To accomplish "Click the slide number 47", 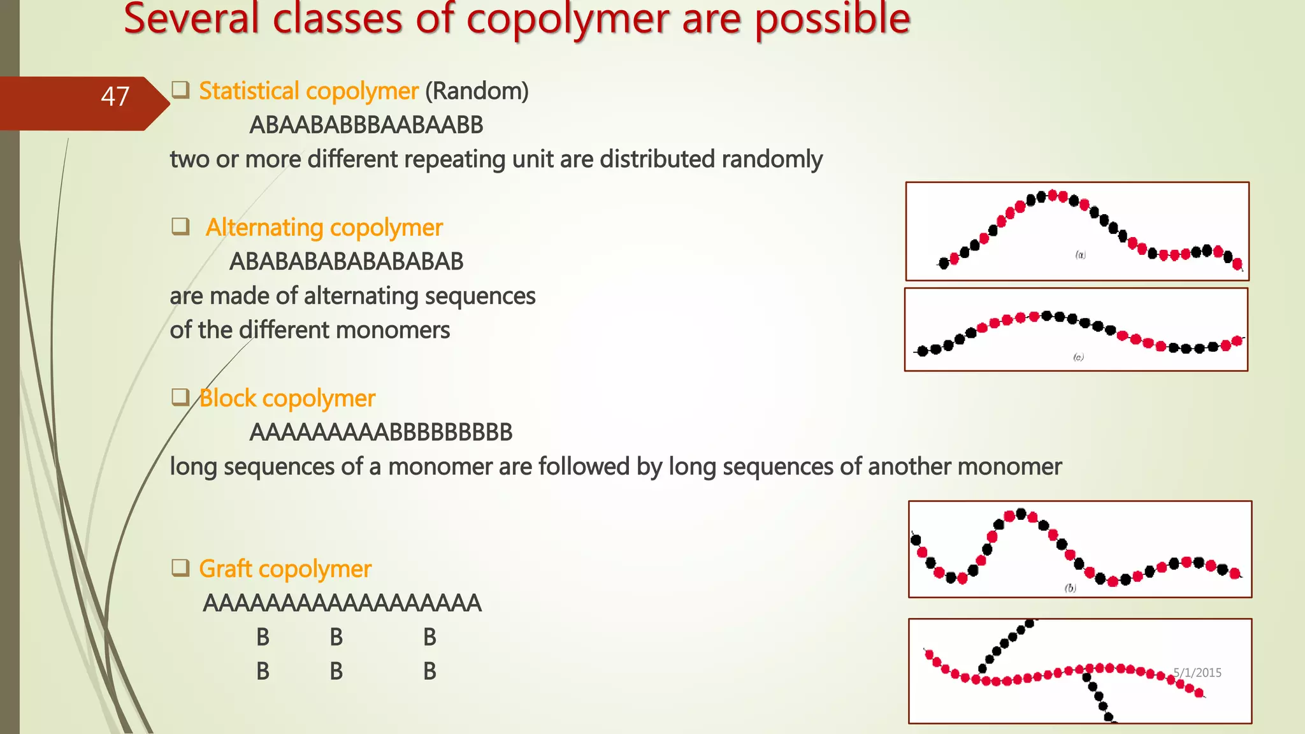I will pos(115,97).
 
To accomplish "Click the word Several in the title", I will pos(191,19).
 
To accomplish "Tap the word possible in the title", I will pos(832,19).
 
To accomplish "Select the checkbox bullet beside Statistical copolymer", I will pos(180,90).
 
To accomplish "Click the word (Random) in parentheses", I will pos(477,91).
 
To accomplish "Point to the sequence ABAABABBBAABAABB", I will pos(366,126).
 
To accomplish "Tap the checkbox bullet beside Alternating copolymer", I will pos(180,226).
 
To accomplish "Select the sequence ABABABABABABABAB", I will pos(346,262).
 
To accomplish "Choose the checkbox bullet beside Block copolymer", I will pos(180,397).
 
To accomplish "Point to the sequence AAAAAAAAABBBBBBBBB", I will pos(380,433).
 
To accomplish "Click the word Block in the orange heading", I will pos(227,398).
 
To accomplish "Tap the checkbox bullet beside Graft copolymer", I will pos(180,567).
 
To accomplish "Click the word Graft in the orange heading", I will pos(226,569).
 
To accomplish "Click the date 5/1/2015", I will pos(1197,673).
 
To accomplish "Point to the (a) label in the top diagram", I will pos(1081,255).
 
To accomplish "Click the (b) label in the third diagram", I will pos(1070,588).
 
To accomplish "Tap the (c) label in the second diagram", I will pos(1078,357).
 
